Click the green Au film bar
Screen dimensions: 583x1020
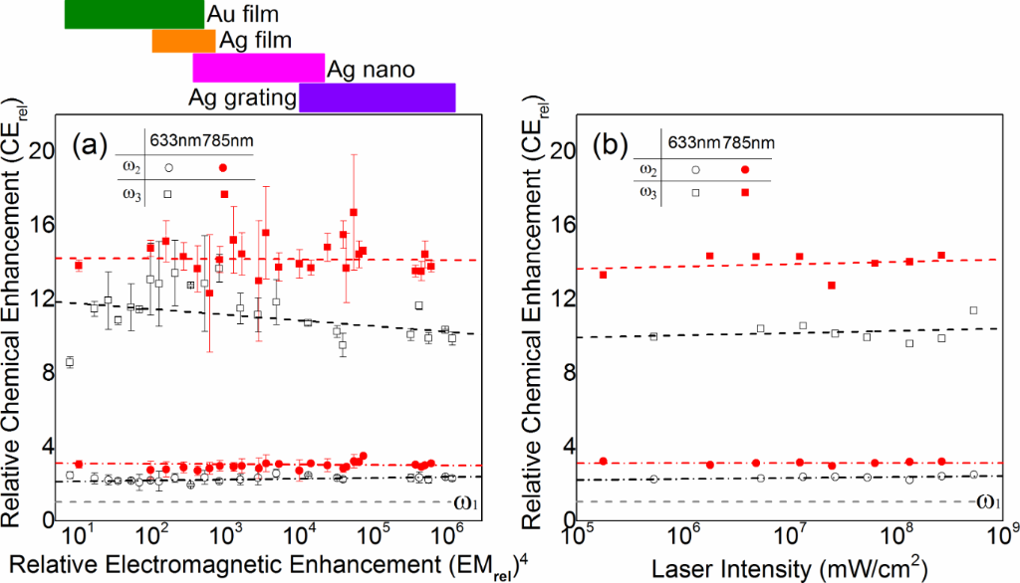[133, 14]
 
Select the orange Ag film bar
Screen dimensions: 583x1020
[183, 41]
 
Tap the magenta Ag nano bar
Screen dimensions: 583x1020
[258, 69]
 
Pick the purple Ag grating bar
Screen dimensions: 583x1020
[377, 97]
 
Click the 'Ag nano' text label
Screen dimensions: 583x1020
[371, 70]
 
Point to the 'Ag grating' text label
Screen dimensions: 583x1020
[242, 97]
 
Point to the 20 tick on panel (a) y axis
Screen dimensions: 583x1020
[41, 151]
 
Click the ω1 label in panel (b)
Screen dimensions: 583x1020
[987, 500]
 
